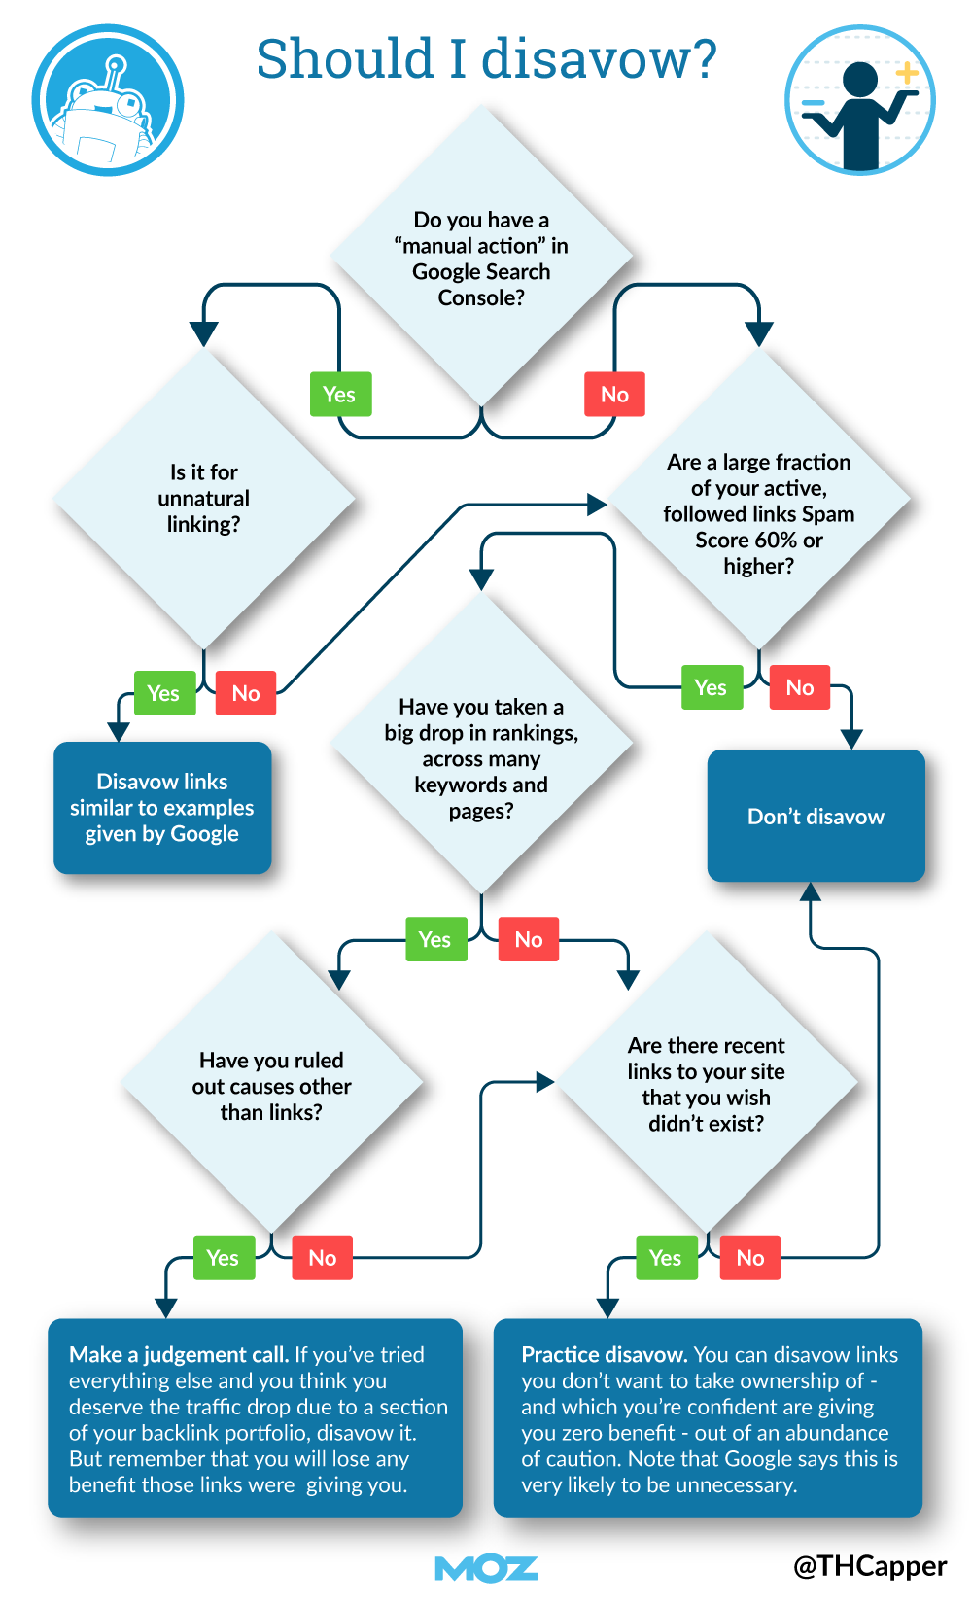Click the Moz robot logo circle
[x=108, y=100]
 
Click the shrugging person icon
[x=859, y=100]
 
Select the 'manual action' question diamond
[x=481, y=258]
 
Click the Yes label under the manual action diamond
[x=339, y=395]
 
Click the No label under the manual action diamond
[x=614, y=395]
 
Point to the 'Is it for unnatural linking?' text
[x=204, y=498]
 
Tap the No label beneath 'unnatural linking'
[x=246, y=693]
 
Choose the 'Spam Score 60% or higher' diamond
[x=758, y=513]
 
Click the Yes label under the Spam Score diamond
[x=711, y=687]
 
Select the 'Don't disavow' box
[x=816, y=817]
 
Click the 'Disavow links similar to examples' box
[x=162, y=808]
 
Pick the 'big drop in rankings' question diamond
[x=481, y=758]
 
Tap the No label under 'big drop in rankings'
[x=529, y=939]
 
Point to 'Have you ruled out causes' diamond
[x=272, y=1086]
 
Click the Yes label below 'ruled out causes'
[x=223, y=1258]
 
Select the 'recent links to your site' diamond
[x=707, y=1084]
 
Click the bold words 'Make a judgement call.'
[x=179, y=1354]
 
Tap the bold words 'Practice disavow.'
[x=605, y=1354]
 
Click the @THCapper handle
[x=870, y=1565]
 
